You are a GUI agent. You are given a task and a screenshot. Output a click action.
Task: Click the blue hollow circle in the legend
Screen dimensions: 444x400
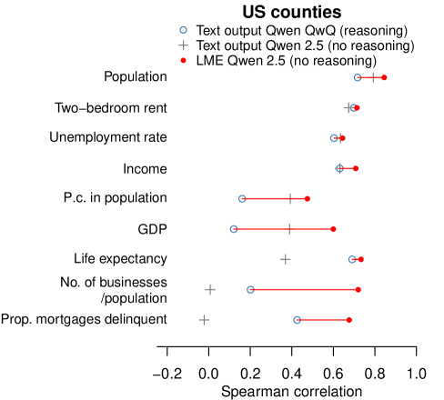tap(183, 30)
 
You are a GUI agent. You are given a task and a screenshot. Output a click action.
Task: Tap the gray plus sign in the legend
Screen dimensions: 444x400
tap(183, 45)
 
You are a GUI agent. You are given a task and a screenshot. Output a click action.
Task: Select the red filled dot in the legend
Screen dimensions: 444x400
tap(183, 60)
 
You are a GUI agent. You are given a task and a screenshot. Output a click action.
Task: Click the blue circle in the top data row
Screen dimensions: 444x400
tap(358, 77)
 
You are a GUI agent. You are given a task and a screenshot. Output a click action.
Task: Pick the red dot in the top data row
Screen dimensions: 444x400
tap(384, 77)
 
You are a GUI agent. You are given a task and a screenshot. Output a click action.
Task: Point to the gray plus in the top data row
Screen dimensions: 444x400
tap(372, 77)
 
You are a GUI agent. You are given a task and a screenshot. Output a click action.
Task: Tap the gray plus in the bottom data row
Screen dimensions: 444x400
tap(204, 319)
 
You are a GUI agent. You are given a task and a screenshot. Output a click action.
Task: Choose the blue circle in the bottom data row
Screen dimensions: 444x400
tap(297, 319)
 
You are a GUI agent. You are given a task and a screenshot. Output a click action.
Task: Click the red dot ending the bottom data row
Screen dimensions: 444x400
tap(349, 319)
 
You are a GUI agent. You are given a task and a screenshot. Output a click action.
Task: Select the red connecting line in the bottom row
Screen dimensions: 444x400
tap(323, 319)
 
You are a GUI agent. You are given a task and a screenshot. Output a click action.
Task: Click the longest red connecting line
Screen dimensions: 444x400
tap(305, 289)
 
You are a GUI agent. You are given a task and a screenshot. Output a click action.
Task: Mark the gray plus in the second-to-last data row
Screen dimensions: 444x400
tap(210, 289)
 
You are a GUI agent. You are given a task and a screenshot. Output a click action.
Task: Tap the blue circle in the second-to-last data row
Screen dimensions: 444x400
tap(250, 289)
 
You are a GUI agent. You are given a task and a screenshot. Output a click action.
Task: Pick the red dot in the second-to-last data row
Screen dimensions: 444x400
tap(358, 289)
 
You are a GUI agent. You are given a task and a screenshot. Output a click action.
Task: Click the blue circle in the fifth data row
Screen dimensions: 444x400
tap(242, 198)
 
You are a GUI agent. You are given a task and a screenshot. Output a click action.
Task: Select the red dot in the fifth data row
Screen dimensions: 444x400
tap(308, 198)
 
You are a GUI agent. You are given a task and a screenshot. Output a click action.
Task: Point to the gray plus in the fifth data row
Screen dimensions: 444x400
tap(290, 198)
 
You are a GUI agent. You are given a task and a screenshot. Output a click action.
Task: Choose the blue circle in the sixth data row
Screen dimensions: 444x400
tap(234, 229)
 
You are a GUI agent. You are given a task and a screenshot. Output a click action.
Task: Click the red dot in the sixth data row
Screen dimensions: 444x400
tap(333, 229)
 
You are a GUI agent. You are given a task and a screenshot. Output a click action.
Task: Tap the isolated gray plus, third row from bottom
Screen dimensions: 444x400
tap(285, 259)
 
